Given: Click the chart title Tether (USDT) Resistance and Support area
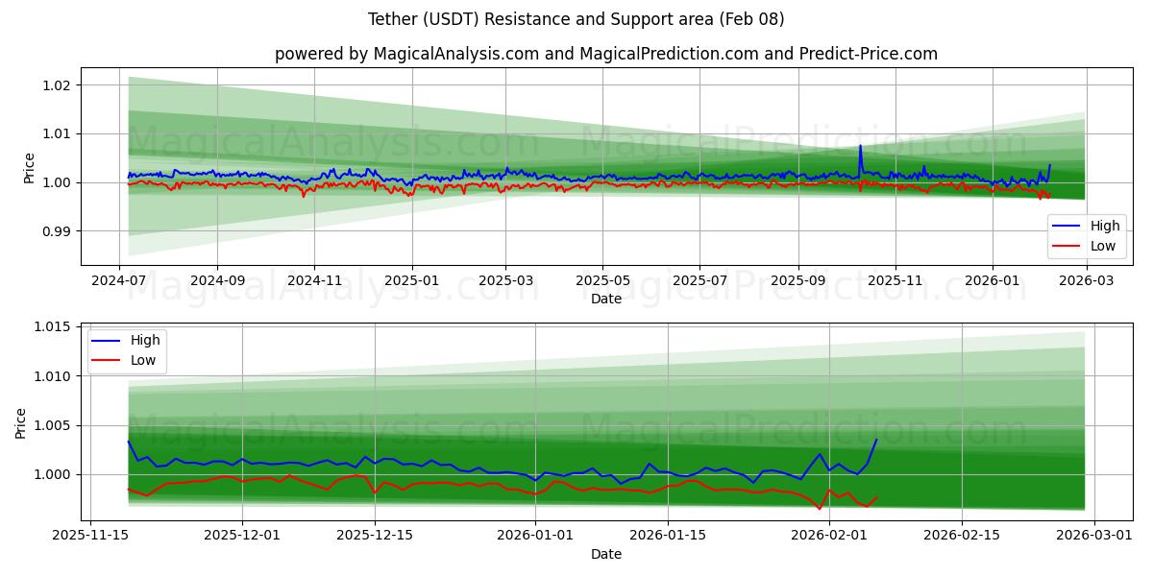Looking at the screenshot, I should coord(576,19).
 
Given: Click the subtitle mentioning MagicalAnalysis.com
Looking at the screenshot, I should coord(605,54).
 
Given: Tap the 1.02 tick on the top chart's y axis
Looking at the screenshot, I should coord(57,85).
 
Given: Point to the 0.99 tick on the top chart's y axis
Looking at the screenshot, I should coord(57,231).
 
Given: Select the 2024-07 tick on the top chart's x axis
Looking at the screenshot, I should coord(119,281).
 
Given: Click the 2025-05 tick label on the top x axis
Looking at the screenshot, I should coord(602,281).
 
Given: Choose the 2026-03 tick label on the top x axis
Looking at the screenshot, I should coord(1086,281).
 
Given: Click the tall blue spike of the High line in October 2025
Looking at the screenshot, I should coord(860,146).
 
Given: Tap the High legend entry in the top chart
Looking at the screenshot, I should coord(1086,227).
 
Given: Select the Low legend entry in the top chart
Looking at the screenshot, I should coord(1086,246).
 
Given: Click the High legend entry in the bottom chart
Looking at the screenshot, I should coord(126,341).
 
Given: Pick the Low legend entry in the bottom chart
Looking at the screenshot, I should coord(126,361).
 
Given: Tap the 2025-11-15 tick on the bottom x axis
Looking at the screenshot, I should coord(90,537).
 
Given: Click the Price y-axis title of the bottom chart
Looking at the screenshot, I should coord(21,422).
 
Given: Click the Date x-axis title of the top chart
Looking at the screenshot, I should coord(605,299).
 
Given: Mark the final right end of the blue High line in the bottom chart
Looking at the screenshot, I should coord(876,440).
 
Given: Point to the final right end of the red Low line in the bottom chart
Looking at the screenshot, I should coord(876,497).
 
